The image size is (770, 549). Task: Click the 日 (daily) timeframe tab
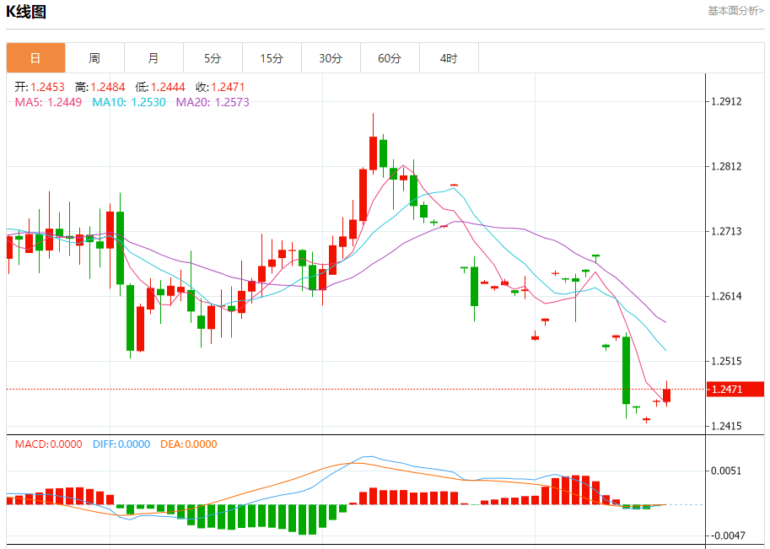point(35,58)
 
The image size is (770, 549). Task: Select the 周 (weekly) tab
point(94,58)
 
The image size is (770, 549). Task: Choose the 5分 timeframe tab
point(213,58)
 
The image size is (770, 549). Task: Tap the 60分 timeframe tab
point(390,58)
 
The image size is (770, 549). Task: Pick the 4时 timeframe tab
point(449,58)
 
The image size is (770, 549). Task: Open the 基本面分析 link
point(735,11)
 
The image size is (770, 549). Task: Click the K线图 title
point(26,12)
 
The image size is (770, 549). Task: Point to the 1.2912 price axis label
point(726,102)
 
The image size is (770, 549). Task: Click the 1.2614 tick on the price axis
point(726,296)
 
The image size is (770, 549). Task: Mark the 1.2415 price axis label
point(726,426)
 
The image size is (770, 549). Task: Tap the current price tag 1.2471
point(726,389)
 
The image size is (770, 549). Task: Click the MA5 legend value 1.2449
point(64,102)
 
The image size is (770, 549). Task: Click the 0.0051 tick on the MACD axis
point(726,471)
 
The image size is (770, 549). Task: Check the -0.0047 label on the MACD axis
point(724,536)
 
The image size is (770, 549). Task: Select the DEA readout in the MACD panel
point(188,444)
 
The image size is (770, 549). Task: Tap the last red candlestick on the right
point(667,395)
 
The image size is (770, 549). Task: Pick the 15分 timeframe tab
point(272,58)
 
